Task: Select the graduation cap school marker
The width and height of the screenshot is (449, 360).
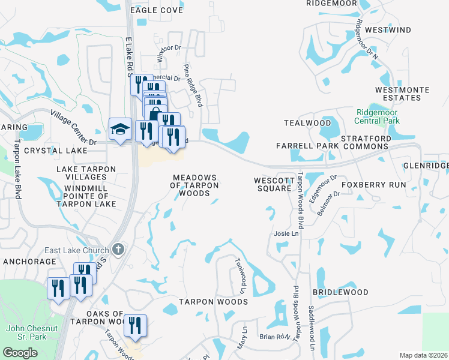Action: click(x=119, y=129)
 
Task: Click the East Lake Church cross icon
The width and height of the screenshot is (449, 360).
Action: click(x=119, y=250)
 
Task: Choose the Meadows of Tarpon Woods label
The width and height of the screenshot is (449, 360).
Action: click(x=194, y=185)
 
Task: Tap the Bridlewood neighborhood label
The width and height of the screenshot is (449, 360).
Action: click(x=340, y=292)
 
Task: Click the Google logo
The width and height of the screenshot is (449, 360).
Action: click(x=20, y=352)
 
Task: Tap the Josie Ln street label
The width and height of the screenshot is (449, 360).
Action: click(x=286, y=233)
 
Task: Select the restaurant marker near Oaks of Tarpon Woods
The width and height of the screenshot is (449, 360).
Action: click(x=135, y=325)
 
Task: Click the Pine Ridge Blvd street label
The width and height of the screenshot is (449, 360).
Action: click(x=193, y=86)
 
